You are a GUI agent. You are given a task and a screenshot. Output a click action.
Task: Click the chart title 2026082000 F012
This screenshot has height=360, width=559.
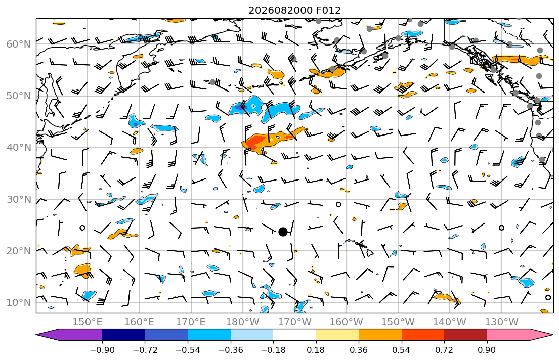tap(294, 10)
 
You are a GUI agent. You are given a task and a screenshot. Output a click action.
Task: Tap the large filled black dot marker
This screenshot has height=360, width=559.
tap(283, 232)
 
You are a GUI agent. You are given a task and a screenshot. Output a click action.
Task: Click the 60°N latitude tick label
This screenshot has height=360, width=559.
tap(19, 44)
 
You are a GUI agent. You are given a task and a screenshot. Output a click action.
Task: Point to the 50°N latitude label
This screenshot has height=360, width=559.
tap(19, 96)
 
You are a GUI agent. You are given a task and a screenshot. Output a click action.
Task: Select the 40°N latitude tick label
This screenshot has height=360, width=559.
tap(19, 148)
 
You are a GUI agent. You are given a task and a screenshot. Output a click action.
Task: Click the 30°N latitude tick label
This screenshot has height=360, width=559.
tap(19, 199)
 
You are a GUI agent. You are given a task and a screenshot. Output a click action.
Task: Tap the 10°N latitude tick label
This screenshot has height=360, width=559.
tap(19, 303)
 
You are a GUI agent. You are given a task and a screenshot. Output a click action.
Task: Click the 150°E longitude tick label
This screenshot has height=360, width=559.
tap(88, 322)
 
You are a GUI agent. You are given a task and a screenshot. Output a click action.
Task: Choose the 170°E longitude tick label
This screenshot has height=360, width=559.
tap(191, 322)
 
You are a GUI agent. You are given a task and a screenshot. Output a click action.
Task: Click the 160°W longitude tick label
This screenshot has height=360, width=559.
tap(347, 322)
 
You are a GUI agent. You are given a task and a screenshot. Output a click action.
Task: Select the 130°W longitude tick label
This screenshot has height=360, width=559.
tap(502, 322)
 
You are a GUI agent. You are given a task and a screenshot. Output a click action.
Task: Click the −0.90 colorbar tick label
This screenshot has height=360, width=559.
tap(102, 350)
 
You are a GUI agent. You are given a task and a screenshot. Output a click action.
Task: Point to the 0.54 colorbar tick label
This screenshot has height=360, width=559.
tap(402, 350)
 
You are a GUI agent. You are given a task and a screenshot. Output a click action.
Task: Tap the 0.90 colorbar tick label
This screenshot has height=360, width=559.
tap(487, 350)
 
